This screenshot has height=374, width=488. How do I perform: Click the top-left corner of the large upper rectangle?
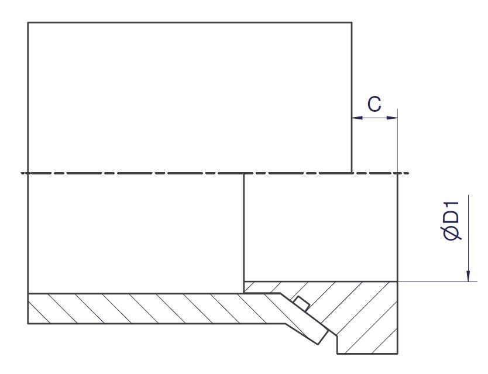(28, 22)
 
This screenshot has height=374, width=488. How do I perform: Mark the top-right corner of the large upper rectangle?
(352, 22)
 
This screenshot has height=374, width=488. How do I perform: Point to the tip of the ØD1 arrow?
(468, 282)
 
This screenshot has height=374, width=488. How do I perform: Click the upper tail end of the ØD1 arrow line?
(468, 195)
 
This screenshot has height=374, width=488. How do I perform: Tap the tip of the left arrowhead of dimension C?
(352, 118)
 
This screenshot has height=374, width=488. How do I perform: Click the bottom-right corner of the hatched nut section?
(398, 354)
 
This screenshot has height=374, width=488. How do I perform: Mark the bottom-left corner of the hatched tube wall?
(28, 324)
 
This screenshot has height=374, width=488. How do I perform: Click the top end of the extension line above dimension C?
(398, 108)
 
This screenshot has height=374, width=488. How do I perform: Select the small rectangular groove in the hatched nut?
(301, 304)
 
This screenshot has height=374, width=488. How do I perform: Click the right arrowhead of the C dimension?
(392, 118)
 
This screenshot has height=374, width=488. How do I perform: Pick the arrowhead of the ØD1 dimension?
(468, 276)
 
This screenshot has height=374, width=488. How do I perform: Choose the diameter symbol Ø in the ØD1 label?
(452, 234)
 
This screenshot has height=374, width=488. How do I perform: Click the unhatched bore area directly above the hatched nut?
(321, 227)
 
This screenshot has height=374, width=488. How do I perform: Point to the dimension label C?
(374, 104)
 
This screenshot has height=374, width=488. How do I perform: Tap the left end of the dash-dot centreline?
(20, 173)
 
